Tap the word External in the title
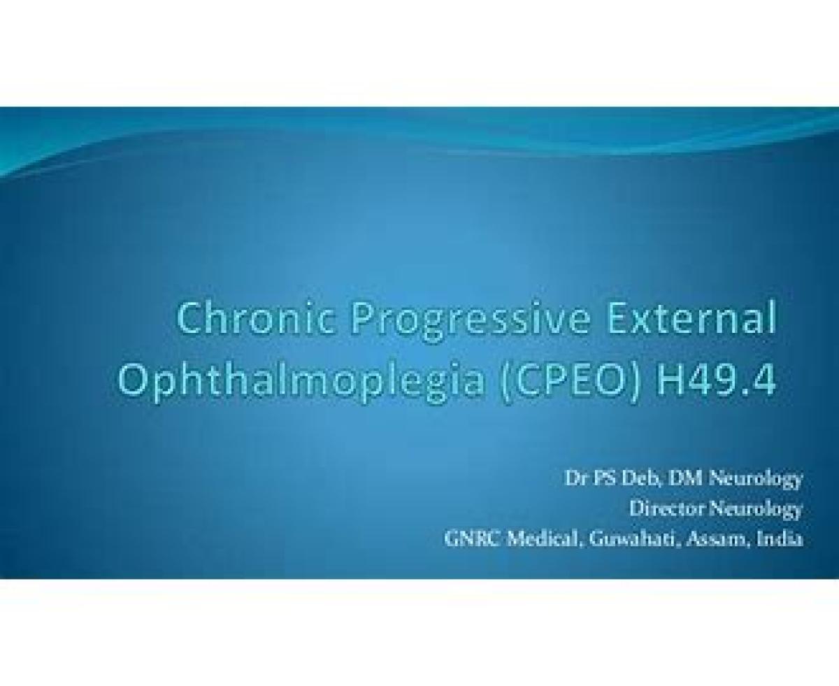(691, 318)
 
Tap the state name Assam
(717, 540)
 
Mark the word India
(780, 539)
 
